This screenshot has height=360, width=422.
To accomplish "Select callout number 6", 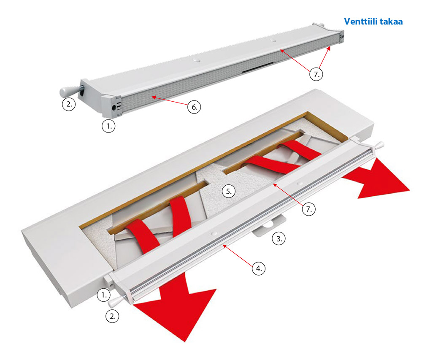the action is (x=194, y=107).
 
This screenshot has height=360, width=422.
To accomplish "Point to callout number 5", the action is (x=228, y=191).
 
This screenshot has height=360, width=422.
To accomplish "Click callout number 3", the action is (x=279, y=238).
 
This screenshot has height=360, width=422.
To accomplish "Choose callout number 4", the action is (x=259, y=268).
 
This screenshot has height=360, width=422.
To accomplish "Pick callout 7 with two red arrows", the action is (x=316, y=74).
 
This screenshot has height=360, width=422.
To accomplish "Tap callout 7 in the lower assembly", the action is (x=308, y=209).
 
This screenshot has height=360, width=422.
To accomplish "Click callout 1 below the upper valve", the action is (x=108, y=126).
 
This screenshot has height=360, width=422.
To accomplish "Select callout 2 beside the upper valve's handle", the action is (x=69, y=104).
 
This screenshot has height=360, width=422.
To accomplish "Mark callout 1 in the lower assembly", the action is (x=104, y=295).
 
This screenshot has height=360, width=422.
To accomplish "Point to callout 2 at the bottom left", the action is (x=112, y=316).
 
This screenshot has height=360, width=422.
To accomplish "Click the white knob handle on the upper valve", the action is (x=68, y=92).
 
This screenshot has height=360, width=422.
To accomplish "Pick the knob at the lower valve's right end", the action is (x=379, y=146).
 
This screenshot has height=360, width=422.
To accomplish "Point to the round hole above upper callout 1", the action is (x=114, y=108).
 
